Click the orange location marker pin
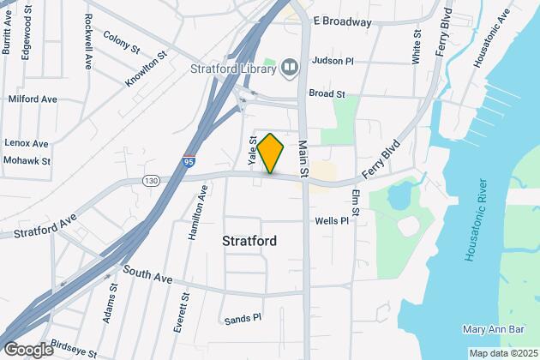click(x=271, y=154)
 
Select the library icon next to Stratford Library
click(x=290, y=67)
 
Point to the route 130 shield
click(x=152, y=180)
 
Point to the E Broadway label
click(x=343, y=21)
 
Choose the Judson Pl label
click(x=333, y=61)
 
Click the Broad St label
click(x=327, y=93)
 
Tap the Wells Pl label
click(x=332, y=220)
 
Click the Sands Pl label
click(x=243, y=319)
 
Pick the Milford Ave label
click(x=32, y=99)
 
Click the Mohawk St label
click(x=28, y=160)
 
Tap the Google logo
click(x=28, y=349)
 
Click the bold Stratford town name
click(x=249, y=241)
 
